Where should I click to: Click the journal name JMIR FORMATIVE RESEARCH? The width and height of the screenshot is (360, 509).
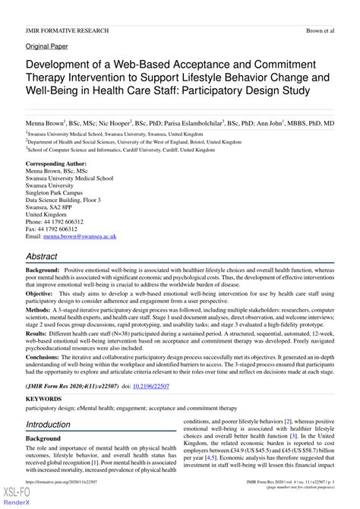coord(68,30)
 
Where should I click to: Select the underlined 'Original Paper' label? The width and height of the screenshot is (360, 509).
coord(47,46)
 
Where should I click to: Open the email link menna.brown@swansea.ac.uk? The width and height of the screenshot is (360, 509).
coord(84,237)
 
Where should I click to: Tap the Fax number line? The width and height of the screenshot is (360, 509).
coord(52,229)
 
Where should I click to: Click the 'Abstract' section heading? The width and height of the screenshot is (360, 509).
coord(43,257)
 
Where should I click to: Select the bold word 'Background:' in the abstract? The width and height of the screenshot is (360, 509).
coord(44,270)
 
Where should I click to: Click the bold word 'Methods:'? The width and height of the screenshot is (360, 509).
coord(39,311)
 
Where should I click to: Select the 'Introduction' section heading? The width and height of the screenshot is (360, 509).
coord(48,425)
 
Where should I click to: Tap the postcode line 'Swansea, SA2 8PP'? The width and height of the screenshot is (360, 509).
coord(52,207)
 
